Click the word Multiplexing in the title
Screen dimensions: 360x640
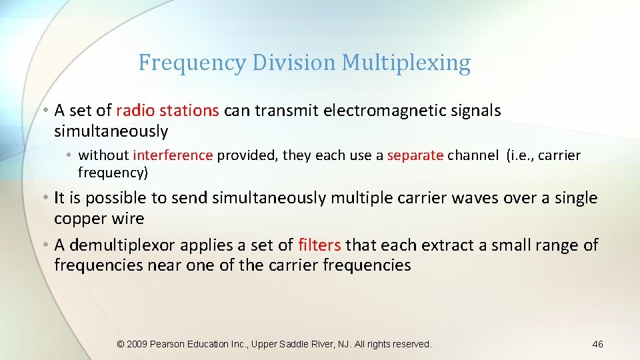pos(406,63)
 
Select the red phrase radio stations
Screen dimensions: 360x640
pos(167,111)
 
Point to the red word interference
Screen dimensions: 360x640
pos(173,155)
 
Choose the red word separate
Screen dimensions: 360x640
pos(415,155)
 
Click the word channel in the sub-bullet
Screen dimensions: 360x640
pos(473,155)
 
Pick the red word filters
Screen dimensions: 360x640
pos(319,245)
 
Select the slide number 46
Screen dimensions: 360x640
pos(597,344)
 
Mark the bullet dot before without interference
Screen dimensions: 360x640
pos(70,155)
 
